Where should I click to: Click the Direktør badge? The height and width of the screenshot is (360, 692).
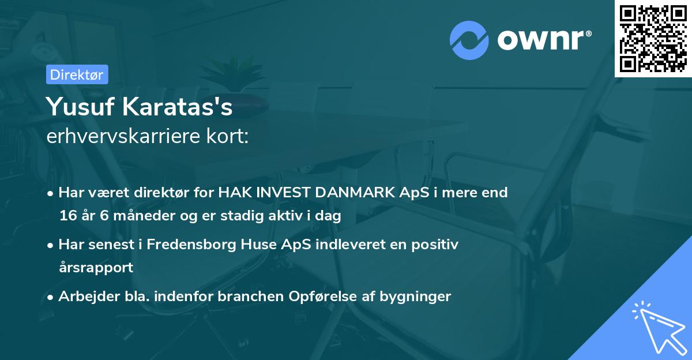[77, 74]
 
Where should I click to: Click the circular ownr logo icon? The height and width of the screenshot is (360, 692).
[469, 40]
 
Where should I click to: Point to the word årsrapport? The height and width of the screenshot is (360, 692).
[96, 268]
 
